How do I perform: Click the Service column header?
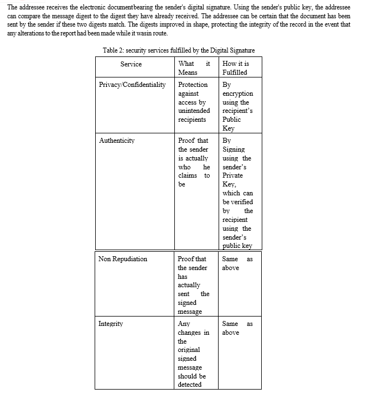pos(131,64)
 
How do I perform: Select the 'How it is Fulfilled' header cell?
pos(235,68)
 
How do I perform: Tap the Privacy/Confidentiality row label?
pos(132,85)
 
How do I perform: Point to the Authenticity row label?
pos(116,141)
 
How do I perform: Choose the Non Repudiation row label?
pos(122,259)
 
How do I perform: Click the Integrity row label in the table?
pos(111,324)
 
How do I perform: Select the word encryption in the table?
pos(237,94)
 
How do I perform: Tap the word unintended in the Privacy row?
pos(194,111)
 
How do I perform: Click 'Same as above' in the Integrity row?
pos(237,328)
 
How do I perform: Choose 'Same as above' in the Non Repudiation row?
pos(237,263)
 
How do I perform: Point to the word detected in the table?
pos(190,385)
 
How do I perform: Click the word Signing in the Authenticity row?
pos(234,149)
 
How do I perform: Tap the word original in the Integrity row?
pos(189,350)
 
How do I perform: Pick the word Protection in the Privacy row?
pos(193,85)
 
